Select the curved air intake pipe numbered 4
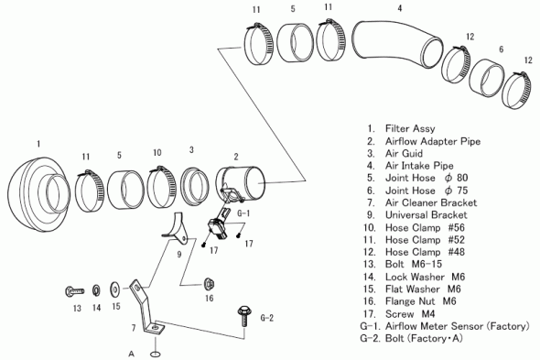tap(396, 43)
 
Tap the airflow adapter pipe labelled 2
tap(241, 183)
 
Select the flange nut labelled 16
tap(209, 284)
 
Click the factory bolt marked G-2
tap(244, 316)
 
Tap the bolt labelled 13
tap(74, 291)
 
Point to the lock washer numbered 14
tap(96, 290)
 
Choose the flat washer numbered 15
tap(115, 289)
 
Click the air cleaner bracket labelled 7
tap(145, 307)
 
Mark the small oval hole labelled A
tap(156, 354)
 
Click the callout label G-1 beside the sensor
tap(243, 213)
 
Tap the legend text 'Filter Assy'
tap(410, 128)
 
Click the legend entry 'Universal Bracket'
tap(426, 215)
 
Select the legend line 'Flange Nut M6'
tap(420, 301)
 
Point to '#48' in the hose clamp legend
tap(457, 252)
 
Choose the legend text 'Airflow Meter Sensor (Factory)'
tap(457, 326)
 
